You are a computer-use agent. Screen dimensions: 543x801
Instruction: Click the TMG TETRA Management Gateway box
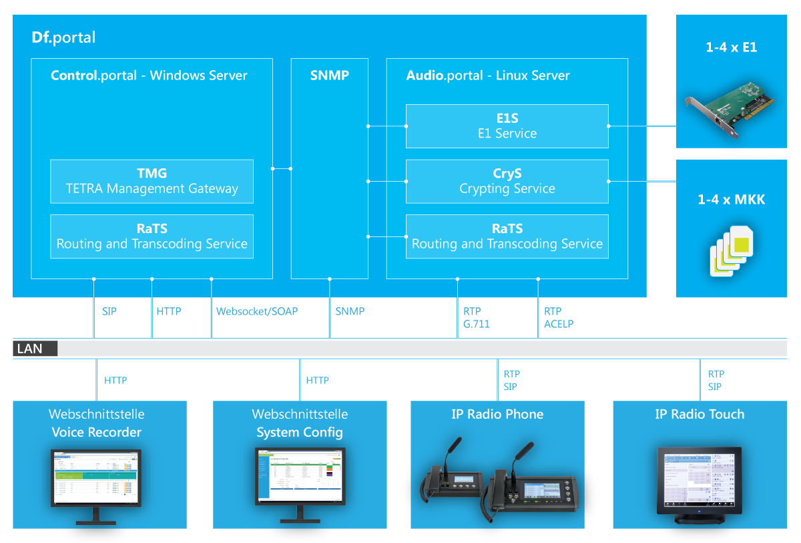pos(152,181)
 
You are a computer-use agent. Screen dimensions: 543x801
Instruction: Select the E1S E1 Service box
pos(507,126)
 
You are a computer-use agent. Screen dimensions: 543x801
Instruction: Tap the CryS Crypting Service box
pos(507,181)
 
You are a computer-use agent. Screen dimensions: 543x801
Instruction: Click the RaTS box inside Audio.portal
pos(507,236)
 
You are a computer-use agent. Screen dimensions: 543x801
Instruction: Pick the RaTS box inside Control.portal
pos(152,236)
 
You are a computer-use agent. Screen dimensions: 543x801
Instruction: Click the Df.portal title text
pos(64,37)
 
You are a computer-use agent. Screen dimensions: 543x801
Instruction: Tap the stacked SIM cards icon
pos(732,250)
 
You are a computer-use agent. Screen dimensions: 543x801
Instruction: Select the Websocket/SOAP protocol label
pos(257,311)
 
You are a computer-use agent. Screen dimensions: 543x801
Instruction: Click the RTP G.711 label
pos(477,317)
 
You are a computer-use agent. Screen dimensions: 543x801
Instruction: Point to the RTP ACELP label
pos(558,317)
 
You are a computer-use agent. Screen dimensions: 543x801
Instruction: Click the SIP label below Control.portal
pos(109,311)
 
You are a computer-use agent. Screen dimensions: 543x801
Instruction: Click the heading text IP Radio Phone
pos(497,414)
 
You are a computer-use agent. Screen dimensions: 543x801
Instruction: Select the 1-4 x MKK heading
pos(732,199)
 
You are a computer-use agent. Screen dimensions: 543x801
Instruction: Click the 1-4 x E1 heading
pos(732,47)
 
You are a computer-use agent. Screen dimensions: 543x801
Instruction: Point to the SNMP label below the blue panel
pos(350,311)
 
